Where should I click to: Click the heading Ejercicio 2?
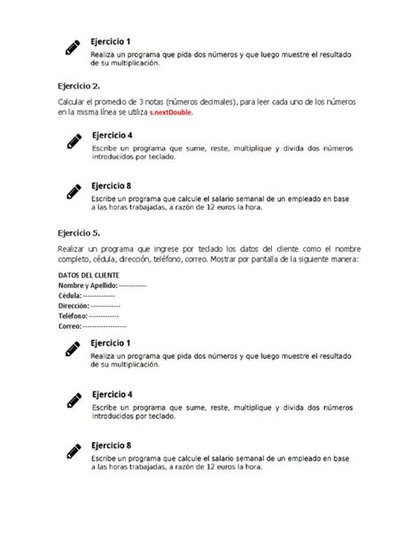(79, 87)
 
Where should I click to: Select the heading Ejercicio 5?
(79, 232)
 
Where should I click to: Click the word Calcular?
(73, 103)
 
